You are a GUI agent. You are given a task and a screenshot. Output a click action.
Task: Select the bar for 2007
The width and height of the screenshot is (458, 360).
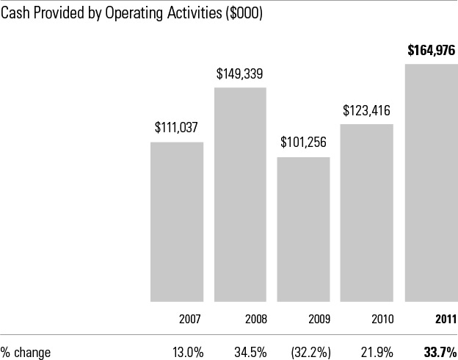point(177,220)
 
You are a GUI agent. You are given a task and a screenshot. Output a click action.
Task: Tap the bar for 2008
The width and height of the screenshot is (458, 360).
point(240,195)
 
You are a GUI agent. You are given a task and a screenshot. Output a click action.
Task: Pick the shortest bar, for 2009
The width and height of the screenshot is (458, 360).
point(303,228)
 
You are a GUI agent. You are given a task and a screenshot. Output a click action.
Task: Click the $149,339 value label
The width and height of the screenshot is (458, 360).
point(240,73)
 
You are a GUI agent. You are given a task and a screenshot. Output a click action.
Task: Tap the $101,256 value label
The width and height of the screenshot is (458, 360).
point(303,143)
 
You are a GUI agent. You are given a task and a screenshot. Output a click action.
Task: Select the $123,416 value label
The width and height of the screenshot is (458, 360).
point(367,111)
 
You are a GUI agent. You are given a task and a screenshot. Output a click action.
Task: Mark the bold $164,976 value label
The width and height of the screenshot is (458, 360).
point(432,51)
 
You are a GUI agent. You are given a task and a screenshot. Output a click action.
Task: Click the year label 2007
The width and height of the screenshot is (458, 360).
point(191,320)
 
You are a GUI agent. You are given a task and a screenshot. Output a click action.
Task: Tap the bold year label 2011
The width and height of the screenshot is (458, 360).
point(445,320)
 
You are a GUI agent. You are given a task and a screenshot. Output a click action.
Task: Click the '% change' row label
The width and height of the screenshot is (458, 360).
point(26,352)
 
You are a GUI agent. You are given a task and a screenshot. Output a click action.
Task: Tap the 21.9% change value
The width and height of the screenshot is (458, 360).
point(379,352)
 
